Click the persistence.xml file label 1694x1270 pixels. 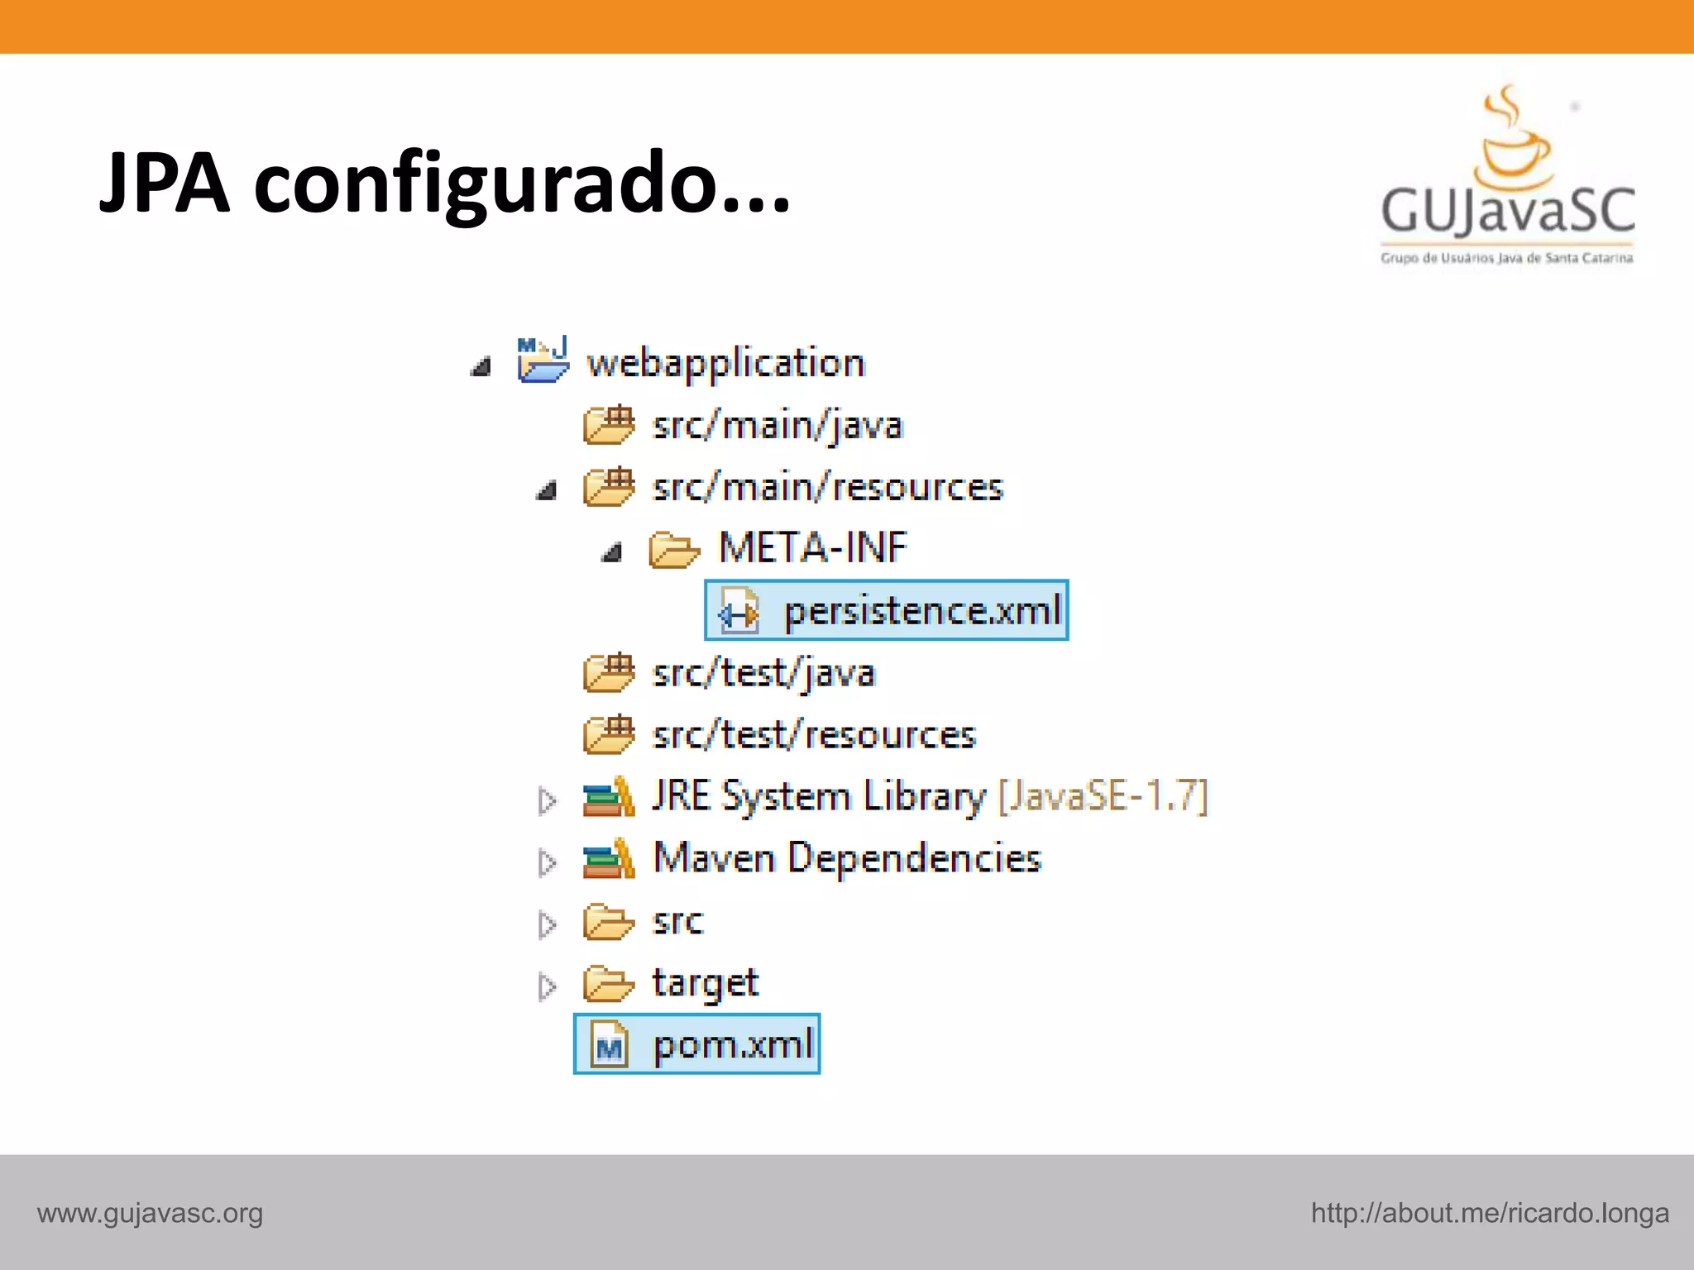(921, 612)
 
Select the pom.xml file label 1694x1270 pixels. (733, 1045)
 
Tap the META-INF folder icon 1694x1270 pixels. (674, 549)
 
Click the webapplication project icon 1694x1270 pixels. (543, 360)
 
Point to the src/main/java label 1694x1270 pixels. (777, 426)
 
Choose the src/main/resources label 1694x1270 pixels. (827, 487)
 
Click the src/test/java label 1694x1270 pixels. (763, 673)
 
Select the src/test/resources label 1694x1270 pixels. (814, 735)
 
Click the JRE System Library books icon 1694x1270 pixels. (609, 797)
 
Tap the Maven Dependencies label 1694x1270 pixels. (846, 858)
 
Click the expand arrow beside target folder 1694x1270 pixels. (547, 986)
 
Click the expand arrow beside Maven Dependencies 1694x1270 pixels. (547, 862)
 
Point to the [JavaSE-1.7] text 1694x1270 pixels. (1103, 796)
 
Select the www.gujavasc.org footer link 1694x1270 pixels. (150, 1214)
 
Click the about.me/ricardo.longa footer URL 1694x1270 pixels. (1490, 1214)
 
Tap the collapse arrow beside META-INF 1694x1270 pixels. (612, 551)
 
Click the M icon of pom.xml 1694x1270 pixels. (610, 1046)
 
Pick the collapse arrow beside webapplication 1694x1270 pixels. (481, 365)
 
